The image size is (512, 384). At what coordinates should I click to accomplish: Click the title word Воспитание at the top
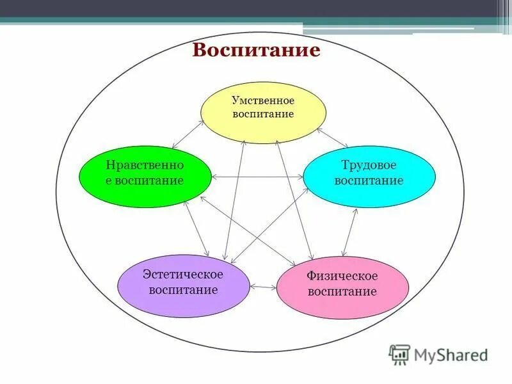[256, 51]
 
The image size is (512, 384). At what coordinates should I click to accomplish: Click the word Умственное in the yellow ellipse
[263, 100]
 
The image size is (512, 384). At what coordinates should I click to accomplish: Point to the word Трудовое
[369, 165]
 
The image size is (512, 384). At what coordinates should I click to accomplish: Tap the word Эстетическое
[184, 275]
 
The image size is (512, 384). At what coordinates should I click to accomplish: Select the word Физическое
[342, 276]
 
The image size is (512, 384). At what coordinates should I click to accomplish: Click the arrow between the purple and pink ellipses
[262, 287]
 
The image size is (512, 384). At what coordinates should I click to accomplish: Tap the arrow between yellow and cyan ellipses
[332, 138]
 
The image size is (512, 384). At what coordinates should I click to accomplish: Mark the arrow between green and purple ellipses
[197, 228]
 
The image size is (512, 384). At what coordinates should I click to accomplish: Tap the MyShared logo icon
[399, 354]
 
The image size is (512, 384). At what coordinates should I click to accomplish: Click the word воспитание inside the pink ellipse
[342, 292]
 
